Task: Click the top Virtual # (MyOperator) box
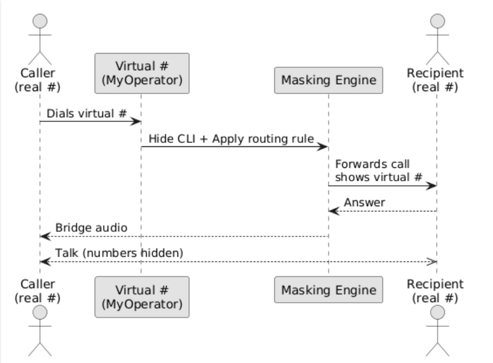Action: (141, 73)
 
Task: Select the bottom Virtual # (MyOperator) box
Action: (141, 296)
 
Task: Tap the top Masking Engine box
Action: (328, 79)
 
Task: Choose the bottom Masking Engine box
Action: (328, 289)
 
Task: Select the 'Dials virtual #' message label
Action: (87, 113)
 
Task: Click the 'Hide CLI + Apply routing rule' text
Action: (231, 139)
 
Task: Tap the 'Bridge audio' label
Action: (91, 228)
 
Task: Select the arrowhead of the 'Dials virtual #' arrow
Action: (138, 121)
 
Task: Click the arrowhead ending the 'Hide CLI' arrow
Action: (325, 147)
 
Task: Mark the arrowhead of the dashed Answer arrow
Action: (332, 211)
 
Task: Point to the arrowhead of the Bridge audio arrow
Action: (44, 236)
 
